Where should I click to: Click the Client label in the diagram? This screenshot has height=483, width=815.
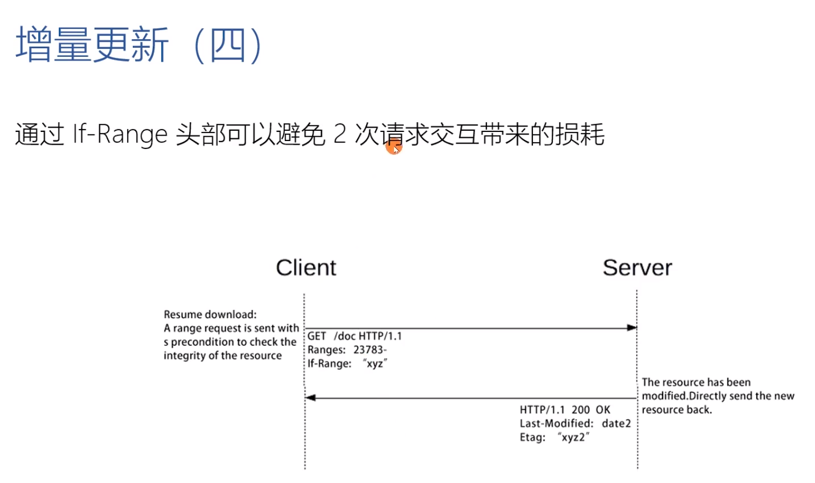click(x=306, y=267)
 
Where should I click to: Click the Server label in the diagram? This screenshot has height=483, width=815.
click(x=637, y=267)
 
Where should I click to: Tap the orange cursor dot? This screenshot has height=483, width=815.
click(x=394, y=146)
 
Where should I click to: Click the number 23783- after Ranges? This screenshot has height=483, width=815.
click(x=370, y=350)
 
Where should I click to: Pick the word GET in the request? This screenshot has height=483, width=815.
click(x=316, y=336)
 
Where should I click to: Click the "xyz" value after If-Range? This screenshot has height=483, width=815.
click(x=375, y=363)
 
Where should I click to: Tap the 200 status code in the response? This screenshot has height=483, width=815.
click(x=581, y=410)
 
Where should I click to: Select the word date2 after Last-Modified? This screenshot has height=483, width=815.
click(x=616, y=423)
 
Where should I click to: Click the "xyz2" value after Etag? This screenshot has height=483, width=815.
click(x=573, y=437)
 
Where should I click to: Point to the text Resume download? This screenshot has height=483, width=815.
click(x=210, y=315)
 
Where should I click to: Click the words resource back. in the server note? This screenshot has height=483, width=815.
click(x=677, y=410)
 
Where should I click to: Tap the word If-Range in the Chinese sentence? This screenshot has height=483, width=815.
click(x=120, y=134)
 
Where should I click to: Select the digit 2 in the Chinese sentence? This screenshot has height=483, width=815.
click(x=339, y=134)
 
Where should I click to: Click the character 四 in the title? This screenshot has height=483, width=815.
click(x=227, y=45)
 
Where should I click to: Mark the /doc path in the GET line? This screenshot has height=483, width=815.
click(x=345, y=336)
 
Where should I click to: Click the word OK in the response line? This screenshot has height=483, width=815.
click(x=603, y=410)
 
